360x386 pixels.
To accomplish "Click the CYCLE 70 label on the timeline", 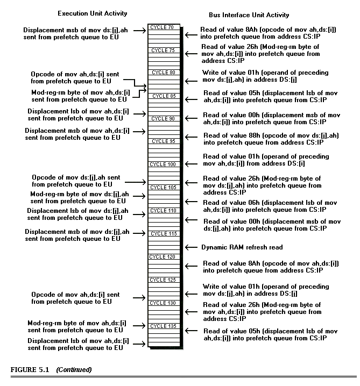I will tap(163, 27).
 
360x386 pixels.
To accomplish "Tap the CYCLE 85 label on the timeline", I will tap(163, 96).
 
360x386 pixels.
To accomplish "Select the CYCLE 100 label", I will tap(163, 164).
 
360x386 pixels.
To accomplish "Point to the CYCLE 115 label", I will tap(163, 233).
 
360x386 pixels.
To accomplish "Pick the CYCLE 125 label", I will tap(163, 280).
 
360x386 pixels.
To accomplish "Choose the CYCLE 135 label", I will tap(163, 326).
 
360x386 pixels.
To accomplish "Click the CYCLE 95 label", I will tap(163, 141).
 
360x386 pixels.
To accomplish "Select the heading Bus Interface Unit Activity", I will tap(249, 15).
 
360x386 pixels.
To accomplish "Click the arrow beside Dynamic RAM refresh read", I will tap(189, 247).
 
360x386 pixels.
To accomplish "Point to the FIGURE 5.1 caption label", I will tap(30, 370).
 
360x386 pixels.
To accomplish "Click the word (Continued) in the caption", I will tap(74, 370).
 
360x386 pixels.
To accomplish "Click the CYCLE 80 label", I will tap(163, 73).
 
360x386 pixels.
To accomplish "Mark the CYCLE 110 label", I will tap(163, 210).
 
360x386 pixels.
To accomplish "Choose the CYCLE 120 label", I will tap(163, 256).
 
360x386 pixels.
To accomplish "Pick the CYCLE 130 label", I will tap(163, 303).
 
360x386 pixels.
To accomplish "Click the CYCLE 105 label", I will tap(163, 187).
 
